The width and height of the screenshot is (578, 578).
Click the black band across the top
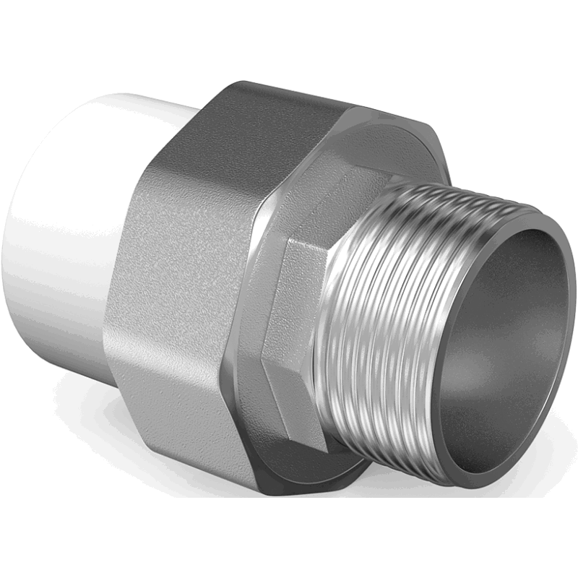289,36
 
